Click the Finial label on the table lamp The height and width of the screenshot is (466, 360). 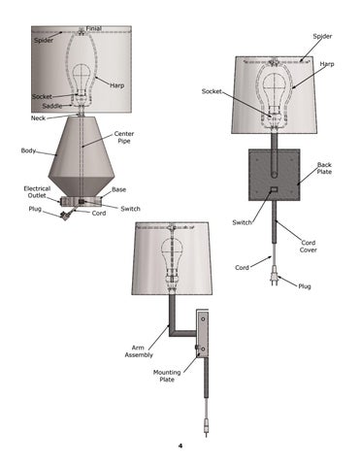tap(93, 28)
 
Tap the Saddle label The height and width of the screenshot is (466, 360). tap(52, 106)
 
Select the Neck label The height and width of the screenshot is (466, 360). tap(38, 118)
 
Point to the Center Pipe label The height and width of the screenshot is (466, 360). tap(124, 137)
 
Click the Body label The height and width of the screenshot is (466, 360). tap(28, 150)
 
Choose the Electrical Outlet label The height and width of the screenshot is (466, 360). tap(37, 192)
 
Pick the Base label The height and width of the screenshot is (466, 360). tap(118, 189)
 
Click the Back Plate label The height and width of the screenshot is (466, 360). tap(324, 168)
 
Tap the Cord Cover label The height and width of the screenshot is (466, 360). tap(308, 247)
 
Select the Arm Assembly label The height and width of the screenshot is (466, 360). tap(139, 351)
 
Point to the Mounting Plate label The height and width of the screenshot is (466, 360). tap(167, 376)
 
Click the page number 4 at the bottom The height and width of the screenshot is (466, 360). tap(180, 446)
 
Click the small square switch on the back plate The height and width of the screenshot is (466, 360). tap(274, 189)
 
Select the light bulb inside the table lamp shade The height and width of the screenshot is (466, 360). tap(81, 80)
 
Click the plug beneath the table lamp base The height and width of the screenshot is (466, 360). tap(66, 215)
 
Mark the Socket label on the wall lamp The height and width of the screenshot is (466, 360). tap(212, 91)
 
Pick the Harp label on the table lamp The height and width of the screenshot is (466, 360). tap(116, 85)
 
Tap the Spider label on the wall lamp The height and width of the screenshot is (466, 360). tap(322, 37)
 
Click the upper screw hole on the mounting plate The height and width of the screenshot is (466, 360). tap(203, 319)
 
